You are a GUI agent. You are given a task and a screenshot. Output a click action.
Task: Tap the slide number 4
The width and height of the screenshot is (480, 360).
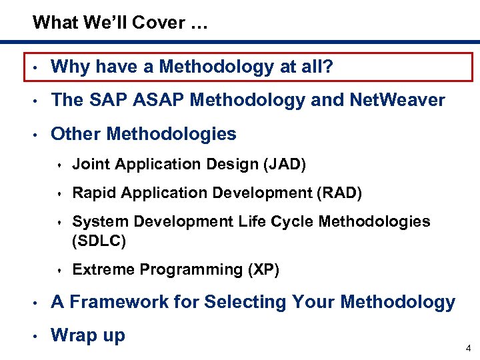tap(468, 348)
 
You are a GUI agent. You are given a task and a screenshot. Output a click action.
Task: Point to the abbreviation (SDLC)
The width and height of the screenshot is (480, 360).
tap(99, 240)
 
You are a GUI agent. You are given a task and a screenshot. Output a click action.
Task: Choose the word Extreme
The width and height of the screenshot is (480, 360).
tap(101, 269)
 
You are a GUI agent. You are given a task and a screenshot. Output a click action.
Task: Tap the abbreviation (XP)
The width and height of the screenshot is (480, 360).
tap(263, 269)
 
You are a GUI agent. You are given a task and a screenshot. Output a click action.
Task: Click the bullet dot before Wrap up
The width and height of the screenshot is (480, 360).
tap(36, 335)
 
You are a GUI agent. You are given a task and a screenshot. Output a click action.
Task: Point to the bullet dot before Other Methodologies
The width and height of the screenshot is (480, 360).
tap(36, 134)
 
